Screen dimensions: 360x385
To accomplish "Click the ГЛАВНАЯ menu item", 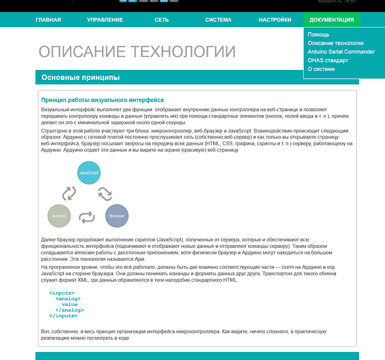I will tap(48, 20).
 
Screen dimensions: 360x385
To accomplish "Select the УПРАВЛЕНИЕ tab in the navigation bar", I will tap(105, 20).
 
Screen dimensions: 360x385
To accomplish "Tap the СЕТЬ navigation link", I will tap(162, 20).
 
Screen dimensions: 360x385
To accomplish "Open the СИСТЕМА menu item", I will tap(218, 20).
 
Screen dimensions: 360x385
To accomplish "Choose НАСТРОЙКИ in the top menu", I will tap(275, 20).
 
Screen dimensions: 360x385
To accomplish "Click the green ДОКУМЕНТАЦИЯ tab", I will tap(332, 20).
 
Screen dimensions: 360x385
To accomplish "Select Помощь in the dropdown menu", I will tap(319, 35).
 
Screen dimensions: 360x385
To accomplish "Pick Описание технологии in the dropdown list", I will tap(335, 43).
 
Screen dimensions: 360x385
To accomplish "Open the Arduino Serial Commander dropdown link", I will tap(341, 52).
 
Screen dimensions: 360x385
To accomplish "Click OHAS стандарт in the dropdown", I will tap(328, 61).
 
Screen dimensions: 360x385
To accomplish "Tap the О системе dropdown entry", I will tap(321, 69).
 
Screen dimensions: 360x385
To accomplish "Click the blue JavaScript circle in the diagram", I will tap(89, 172).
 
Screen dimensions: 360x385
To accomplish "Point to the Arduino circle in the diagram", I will tap(59, 216).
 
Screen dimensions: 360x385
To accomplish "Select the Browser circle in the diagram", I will tap(117, 216).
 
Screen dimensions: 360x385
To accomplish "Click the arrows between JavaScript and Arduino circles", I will tap(69, 193).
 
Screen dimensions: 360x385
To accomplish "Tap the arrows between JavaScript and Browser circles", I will tap(105, 193).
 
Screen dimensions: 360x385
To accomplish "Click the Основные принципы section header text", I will tap(80, 77).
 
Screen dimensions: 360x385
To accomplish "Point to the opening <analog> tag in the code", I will tap(68, 298).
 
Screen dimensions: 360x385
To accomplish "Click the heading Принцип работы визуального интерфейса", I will tap(103, 100).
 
